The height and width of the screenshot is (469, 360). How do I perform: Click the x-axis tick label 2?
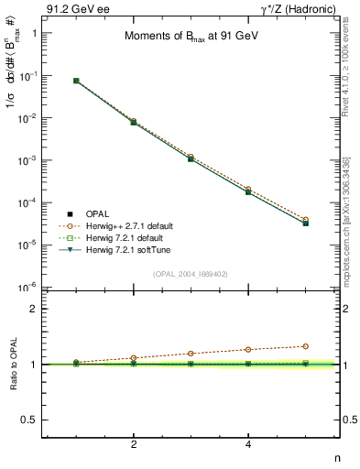134,444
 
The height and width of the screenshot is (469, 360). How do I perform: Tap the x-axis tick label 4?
248,444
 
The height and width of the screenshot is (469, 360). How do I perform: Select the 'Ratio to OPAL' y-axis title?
12,365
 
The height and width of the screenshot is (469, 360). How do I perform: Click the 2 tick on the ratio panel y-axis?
35,309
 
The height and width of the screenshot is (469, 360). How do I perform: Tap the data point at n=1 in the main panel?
76,81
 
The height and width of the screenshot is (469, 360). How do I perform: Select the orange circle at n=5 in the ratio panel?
305,346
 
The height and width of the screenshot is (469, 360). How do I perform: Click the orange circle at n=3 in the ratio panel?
191,354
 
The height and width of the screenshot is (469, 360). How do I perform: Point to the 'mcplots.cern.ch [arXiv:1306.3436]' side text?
352,215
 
